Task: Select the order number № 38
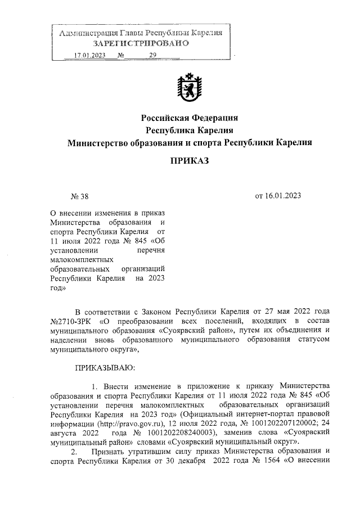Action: [79, 196]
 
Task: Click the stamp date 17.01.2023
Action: [90, 56]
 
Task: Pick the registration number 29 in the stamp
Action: [152, 56]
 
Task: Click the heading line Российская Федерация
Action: [189, 118]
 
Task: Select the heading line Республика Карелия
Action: [189, 130]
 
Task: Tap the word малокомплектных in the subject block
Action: [82, 259]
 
